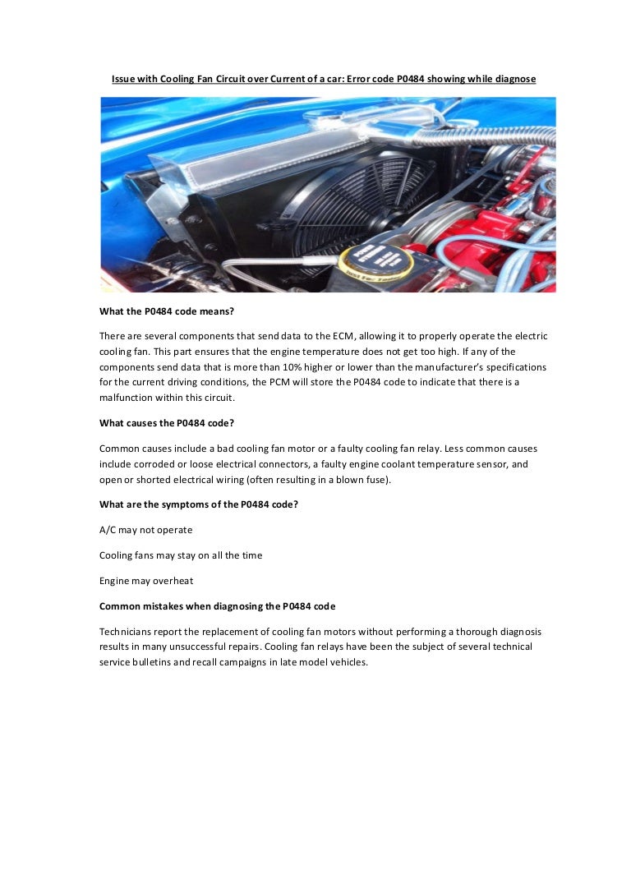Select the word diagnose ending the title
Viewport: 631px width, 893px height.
tap(514, 79)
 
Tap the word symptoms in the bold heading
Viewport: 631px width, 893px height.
tap(177, 504)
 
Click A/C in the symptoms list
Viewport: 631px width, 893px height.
tap(108, 530)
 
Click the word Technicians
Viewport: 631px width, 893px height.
tap(126, 632)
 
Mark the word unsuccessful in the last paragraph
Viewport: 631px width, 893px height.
tap(217, 647)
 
